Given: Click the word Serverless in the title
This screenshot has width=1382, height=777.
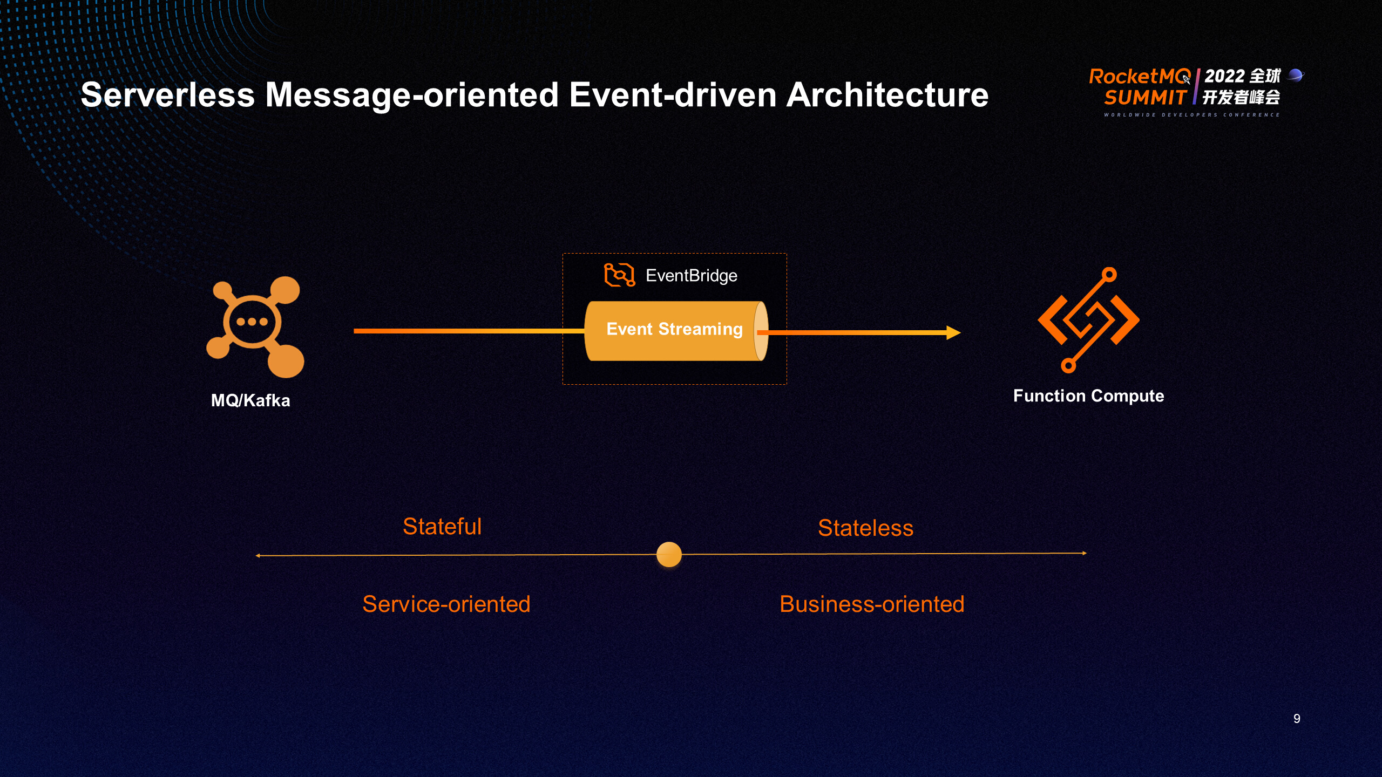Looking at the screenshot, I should pyautogui.click(x=167, y=96).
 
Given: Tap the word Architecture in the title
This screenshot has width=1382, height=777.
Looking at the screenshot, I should pyautogui.click(x=887, y=96).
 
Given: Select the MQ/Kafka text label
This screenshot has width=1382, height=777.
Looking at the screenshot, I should pyautogui.click(x=250, y=400).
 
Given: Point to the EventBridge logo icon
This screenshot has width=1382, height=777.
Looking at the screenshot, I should pyautogui.click(x=619, y=275).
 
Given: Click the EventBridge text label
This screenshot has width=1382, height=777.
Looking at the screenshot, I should pyautogui.click(x=691, y=276).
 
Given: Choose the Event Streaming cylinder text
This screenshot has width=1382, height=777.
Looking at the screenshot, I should pyautogui.click(x=674, y=329).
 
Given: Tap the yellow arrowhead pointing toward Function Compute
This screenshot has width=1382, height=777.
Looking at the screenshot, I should pyautogui.click(x=953, y=332).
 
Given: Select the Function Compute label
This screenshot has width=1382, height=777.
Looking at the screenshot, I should pyautogui.click(x=1088, y=396).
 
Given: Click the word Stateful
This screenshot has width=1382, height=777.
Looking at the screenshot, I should pyautogui.click(x=442, y=527).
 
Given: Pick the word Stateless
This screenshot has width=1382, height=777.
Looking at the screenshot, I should pyautogui.click(x=865, y=528).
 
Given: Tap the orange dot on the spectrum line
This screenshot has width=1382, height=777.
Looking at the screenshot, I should pyautogui.click(x=669, y=555).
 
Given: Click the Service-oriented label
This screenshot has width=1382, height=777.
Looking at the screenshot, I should pyautogui.click(x=446, y=604).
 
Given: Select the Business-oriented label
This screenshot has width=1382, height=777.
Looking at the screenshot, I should pyautogui.click(x=872, y=604).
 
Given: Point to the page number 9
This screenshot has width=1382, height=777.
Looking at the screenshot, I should pyautogui.click(x=1297, y=719).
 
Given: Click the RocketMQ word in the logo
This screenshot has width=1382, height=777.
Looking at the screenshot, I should pyautogui.click(x=1139, y=77).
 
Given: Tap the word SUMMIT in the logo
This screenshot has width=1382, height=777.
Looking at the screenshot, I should pyautogui.click(x=1144, y=98).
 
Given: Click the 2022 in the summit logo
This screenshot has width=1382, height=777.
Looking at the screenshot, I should pyautogui.click(x=1224, y=76).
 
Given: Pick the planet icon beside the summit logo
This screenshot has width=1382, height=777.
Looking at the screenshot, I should pyautogui.click(x=1296, y=75).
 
